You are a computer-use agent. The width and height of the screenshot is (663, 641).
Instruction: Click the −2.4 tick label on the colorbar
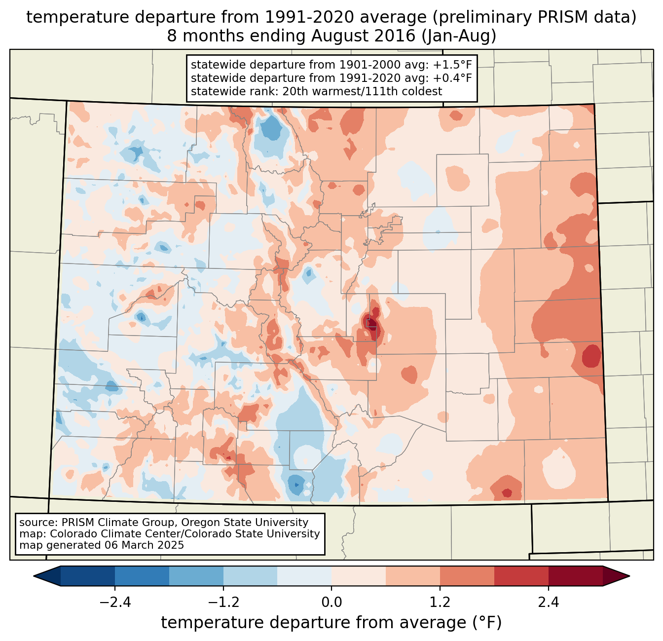(x=114, y=603)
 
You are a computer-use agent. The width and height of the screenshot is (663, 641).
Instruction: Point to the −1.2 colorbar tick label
(x=223, y=603)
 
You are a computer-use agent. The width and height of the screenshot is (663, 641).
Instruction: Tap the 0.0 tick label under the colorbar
(x=331, y=603)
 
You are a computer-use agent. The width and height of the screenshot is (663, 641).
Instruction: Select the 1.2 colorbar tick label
(x=440, y=603)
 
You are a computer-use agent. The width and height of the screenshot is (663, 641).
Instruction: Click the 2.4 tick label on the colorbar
(x=549, y=603)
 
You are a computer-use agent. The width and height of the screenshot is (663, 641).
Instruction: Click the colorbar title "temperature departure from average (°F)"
(x=331, y=623)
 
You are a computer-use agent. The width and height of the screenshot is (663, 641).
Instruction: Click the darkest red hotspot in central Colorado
(x=371, y=323)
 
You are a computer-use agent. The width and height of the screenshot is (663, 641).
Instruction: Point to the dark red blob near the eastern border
(x=591, y=356)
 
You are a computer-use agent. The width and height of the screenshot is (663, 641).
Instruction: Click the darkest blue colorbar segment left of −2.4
(x=88, y=576)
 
